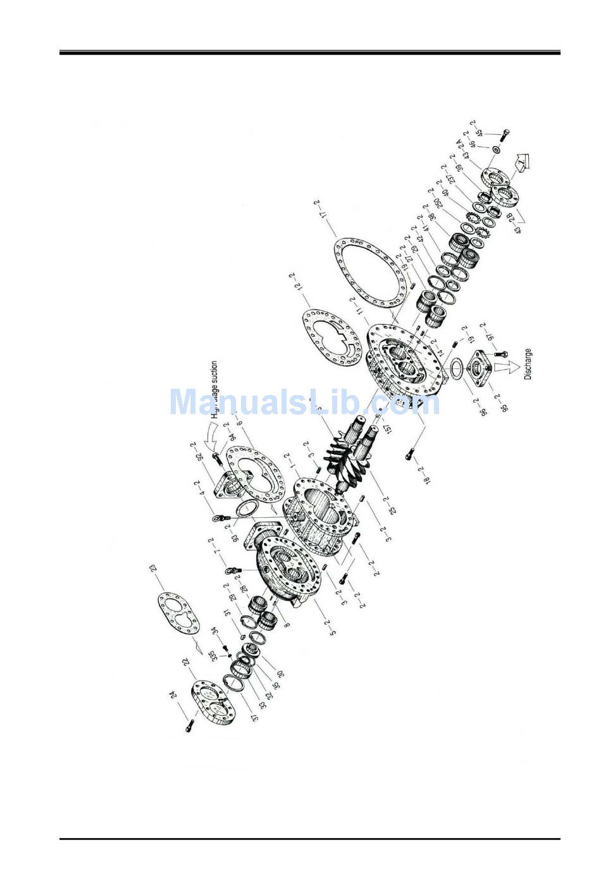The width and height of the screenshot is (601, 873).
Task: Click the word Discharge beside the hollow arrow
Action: coord(528,365)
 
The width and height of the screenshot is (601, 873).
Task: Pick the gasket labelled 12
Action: coord(332,336)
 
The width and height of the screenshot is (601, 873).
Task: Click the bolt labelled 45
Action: coord(505,134)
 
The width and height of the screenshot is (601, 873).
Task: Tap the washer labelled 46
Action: coord(498,150)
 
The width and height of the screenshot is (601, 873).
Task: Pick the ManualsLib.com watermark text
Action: coord(304,401)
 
